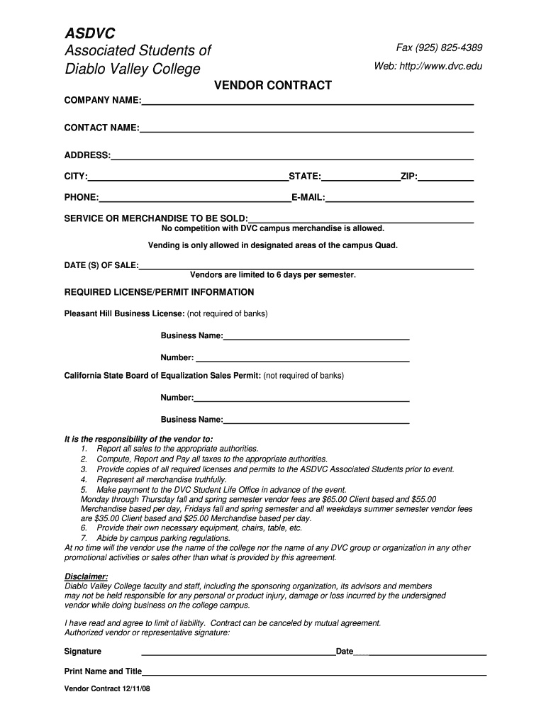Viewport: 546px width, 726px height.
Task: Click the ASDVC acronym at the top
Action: coord(90,33)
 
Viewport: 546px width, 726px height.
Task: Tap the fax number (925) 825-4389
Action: coord(450,48)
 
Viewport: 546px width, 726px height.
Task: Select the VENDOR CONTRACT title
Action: coord(273,86)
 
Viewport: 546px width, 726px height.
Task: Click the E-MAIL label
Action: coord(308,198)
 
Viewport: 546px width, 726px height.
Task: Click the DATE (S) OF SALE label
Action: coord(101,265)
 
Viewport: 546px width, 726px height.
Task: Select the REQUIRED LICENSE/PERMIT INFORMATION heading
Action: coord(160,292)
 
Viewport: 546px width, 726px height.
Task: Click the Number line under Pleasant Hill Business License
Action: coord(303,360)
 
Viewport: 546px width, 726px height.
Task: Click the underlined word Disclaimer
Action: coord(86,576)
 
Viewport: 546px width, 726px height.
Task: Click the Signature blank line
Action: coord(238,654)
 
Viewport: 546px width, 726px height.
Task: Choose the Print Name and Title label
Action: coord(103,671)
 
